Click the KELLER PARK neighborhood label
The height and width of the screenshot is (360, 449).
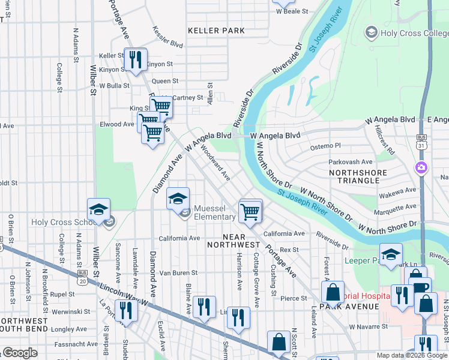(x=216, y=30)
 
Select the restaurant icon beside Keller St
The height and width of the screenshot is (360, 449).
(x=135, y=59)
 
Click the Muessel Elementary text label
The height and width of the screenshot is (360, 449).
(x=214, y=213)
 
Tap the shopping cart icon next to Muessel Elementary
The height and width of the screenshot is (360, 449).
(x=250, y=211)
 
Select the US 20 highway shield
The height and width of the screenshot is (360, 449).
(x=82, y=277)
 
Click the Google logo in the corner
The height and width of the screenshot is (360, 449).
(x=19, y=353)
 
